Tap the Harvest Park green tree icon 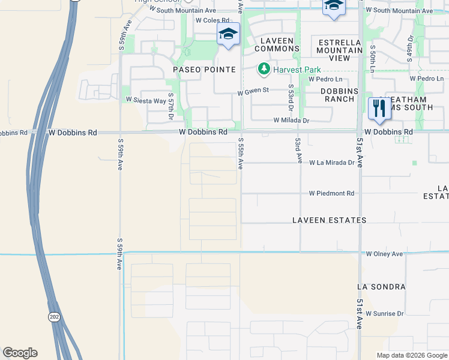click(x=264, y=70)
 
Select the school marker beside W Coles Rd click(x=228, y=34)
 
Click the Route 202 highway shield click(x=55, y=317)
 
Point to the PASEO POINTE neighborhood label click(x=205, y=70)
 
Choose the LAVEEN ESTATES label click(x=329, y=220)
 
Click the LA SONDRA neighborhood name click(x=381, y=287)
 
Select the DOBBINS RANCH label click(x=339, y=95)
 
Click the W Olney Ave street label click(x=385, y=254)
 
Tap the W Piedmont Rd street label click(x=332, y=193)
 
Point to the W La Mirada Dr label click(x=332, y=163)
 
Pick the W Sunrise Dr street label click(x=385, y=314)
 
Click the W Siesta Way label click(x=145, y=100)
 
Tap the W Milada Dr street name click(x=291, y=120)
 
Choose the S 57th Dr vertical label click(x=170, y=104)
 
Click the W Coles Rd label click(x=208, y=20)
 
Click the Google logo click(x=20, y=353)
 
